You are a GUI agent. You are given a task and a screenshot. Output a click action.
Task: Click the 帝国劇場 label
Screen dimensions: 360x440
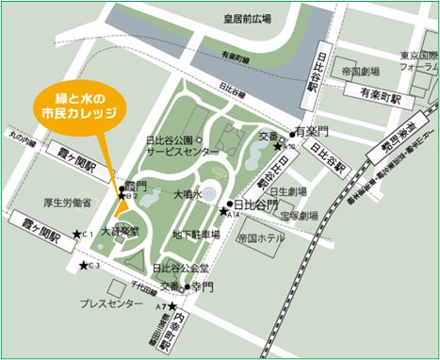361,72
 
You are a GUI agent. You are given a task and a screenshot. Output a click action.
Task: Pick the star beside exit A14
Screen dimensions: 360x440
222,209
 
